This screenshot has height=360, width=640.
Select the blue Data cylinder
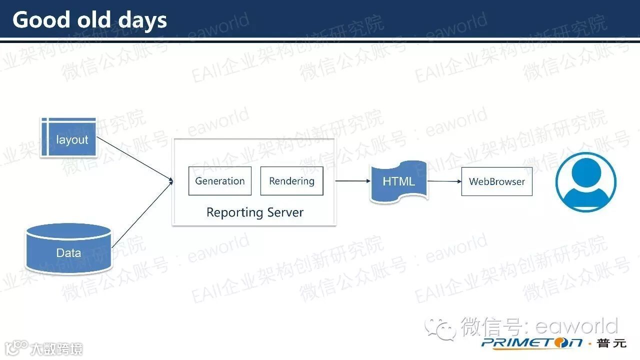point(68,249)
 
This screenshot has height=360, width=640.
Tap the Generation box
point(219,181)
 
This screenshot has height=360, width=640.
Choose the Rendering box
point(291,181)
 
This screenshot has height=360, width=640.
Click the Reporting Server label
point(254,212)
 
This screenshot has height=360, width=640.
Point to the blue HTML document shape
point(398,181)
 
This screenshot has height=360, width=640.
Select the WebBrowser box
point(496,181)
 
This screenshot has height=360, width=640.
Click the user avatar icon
point(586,181)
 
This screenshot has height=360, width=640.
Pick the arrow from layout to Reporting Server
point(134,158)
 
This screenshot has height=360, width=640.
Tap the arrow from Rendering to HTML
point(352,181)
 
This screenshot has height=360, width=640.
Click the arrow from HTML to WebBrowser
point(444,181)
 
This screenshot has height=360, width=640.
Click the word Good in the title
point(41,20)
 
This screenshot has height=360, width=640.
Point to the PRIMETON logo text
point(532,343)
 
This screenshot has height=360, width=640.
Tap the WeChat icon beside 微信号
point(440,328)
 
